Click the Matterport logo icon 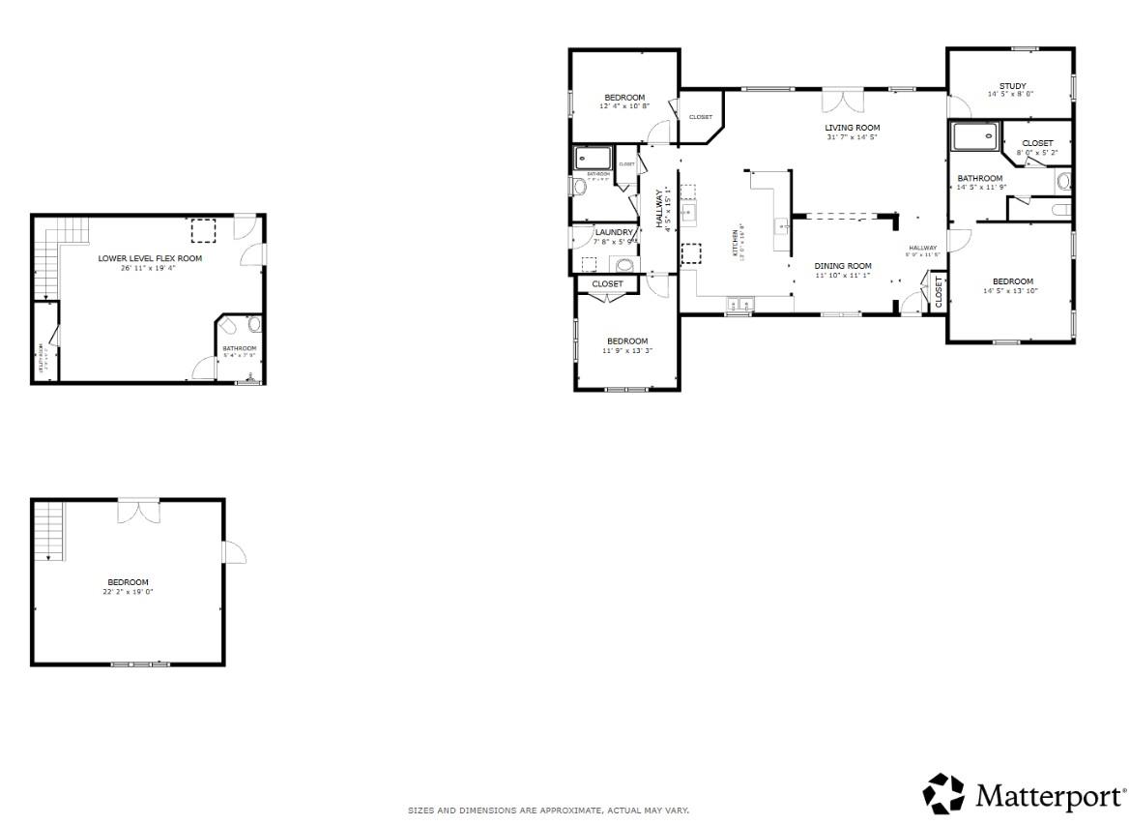coord(944,794)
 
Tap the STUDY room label coord(1012,86)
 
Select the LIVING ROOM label coord(852,128)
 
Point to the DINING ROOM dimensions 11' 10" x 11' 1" coord(842,276)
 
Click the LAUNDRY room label coord(614,232)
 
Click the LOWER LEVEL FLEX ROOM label coord(150,258)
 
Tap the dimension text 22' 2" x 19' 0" coord(129,592)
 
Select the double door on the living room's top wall coord(842,101)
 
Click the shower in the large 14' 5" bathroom coord(974,137)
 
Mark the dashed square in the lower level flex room coord(203,230)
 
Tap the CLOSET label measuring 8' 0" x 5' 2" coord(1037,143)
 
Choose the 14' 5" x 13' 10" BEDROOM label coord(1011,281)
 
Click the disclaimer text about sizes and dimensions coord(548,810)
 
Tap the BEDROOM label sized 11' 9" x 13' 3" coord(626,340)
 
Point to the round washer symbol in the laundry coord(624,265)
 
